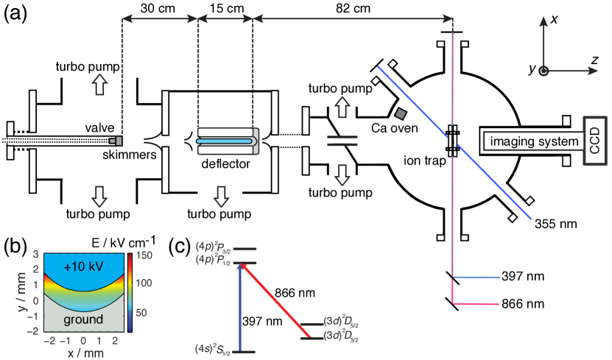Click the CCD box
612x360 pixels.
(595, 141)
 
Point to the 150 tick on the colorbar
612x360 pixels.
(144, 255)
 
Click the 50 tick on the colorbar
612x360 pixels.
(140, 313)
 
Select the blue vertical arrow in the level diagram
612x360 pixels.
(239, 306)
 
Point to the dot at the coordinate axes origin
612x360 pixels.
(543, 71)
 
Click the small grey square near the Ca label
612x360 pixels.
(401, 114)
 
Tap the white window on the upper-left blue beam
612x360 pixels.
(405, 93)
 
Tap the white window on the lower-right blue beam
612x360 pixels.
(502, 188)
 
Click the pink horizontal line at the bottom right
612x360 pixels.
(479, 303)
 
